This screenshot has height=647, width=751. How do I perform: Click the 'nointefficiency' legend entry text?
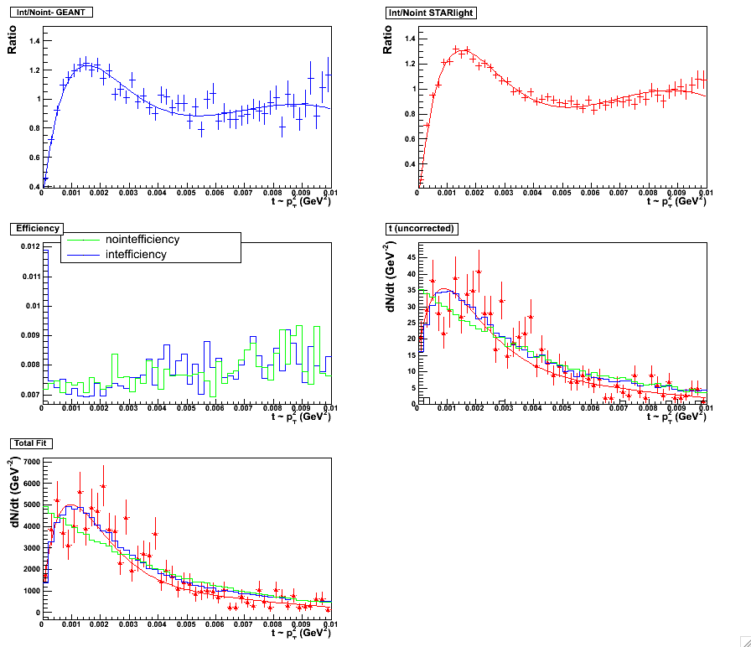pos(142,240)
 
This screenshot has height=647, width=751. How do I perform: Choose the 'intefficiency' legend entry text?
pos(137,254)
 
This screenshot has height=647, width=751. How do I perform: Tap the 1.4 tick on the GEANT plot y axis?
pos(34,40)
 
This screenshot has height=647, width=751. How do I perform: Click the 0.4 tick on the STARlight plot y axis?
pos(410,164)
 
